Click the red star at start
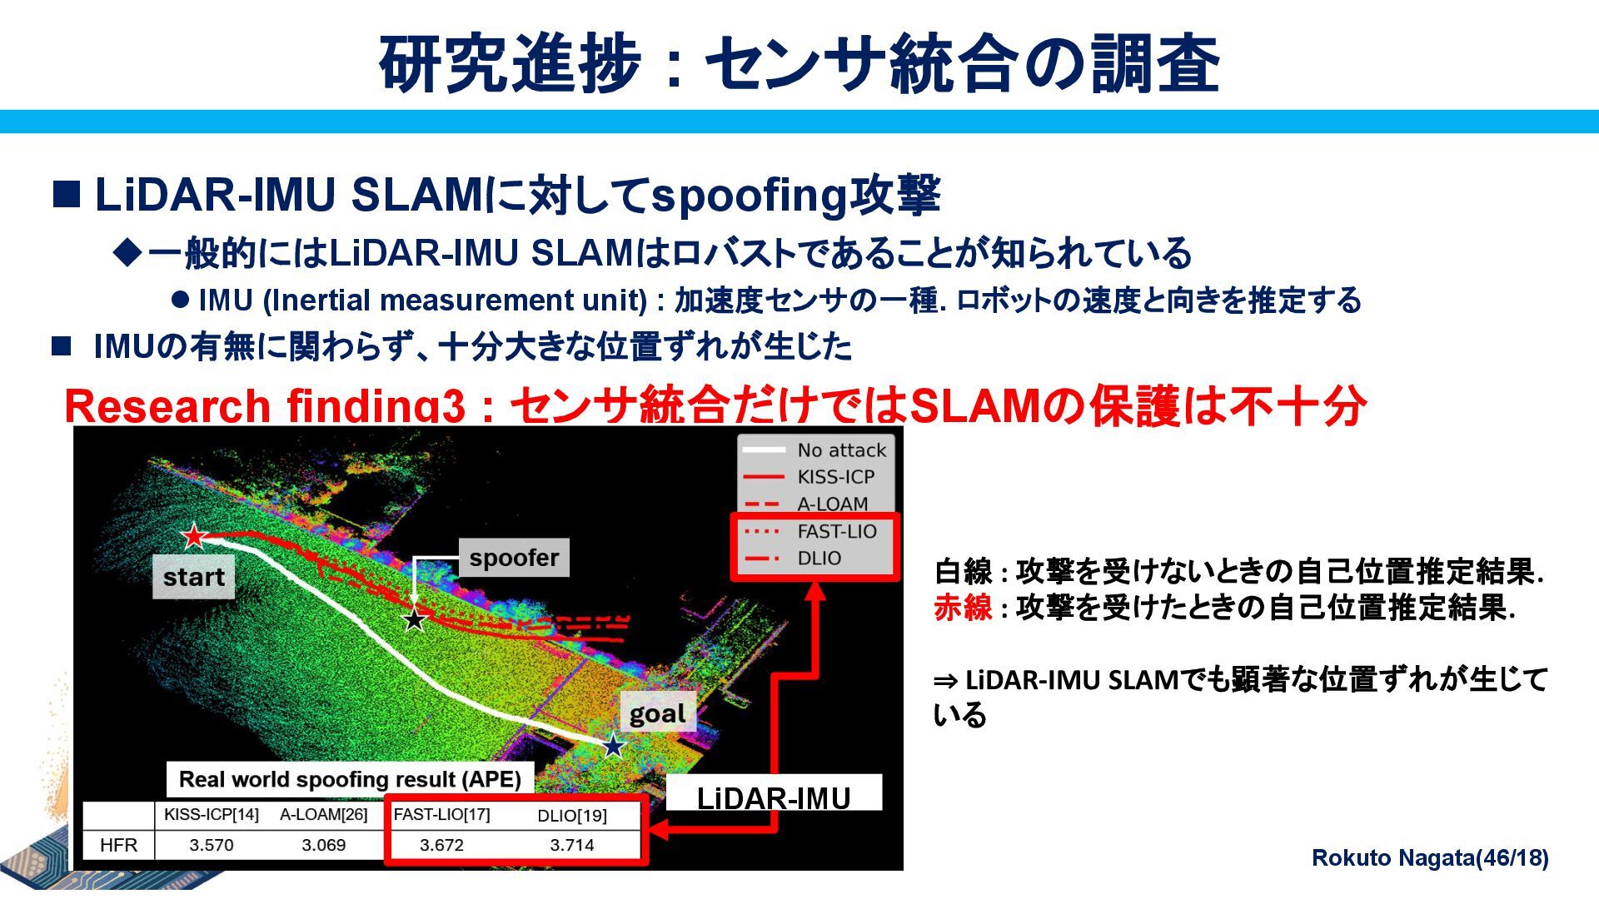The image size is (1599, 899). pos(194,536)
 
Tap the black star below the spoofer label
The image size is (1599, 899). pos(414,619)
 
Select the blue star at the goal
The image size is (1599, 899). pos(613,746)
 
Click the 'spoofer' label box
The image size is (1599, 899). pos(514,558)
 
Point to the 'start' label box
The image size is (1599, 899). pos(193,578)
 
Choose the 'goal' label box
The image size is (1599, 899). pos(657,713)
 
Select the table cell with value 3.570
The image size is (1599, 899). pos(212,845)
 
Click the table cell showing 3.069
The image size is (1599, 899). pos(323,845)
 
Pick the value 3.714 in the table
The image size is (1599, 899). pos(572,845)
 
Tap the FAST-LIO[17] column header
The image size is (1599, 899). pos(441,814)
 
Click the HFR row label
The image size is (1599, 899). pos(118,845)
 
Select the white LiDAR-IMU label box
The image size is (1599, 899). pos(774,797)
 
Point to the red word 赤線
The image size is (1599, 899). pos(963,608)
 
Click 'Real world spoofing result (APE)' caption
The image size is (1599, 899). pos(350,779)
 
